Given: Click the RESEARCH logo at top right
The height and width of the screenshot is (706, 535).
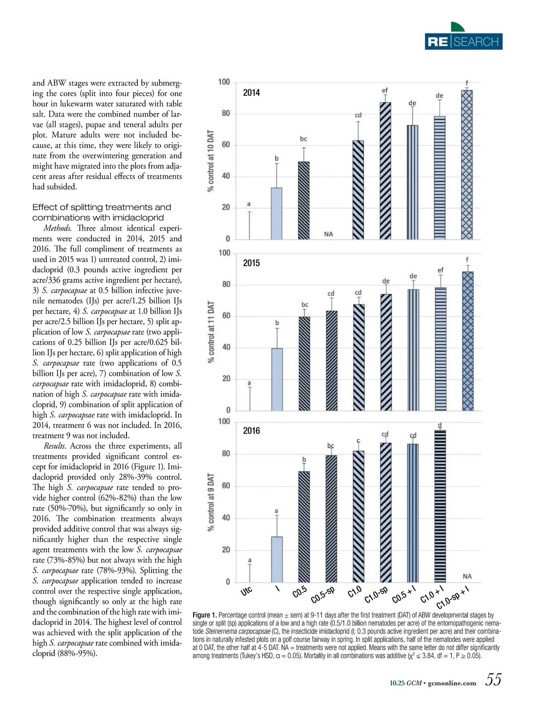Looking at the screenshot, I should click(463, 41).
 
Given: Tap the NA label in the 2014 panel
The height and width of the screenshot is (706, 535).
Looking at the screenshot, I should click(329, 234).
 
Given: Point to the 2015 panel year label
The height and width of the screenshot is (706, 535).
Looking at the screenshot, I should click(251, 263).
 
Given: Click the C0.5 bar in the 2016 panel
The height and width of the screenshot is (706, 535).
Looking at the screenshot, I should click(304, 527).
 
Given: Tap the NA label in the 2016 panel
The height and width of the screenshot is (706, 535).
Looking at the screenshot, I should click(467, 577).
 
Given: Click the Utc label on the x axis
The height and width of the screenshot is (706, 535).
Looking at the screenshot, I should click(247, 591).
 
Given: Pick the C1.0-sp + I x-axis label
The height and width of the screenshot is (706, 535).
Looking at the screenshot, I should click(453, 598).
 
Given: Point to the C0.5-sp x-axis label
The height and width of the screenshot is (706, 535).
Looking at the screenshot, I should click(323, 595).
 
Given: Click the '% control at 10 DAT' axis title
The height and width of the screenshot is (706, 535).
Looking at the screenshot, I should click(211, 161).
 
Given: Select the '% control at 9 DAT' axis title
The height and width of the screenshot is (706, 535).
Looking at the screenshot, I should click(211, 502).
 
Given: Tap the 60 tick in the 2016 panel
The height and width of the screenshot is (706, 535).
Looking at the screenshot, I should click(226, 486).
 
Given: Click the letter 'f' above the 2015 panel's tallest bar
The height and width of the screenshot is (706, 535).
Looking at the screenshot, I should click(467, 260).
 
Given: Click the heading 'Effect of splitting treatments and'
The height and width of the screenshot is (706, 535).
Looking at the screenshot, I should click(102, 207).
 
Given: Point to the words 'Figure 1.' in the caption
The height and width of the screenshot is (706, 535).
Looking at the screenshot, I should click(205, 615).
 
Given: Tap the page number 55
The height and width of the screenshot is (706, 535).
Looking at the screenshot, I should click(493, 680).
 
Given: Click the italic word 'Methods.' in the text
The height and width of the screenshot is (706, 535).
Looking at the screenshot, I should click(58, 228).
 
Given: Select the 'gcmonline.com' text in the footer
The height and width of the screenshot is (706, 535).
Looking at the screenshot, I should click(452, 683).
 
